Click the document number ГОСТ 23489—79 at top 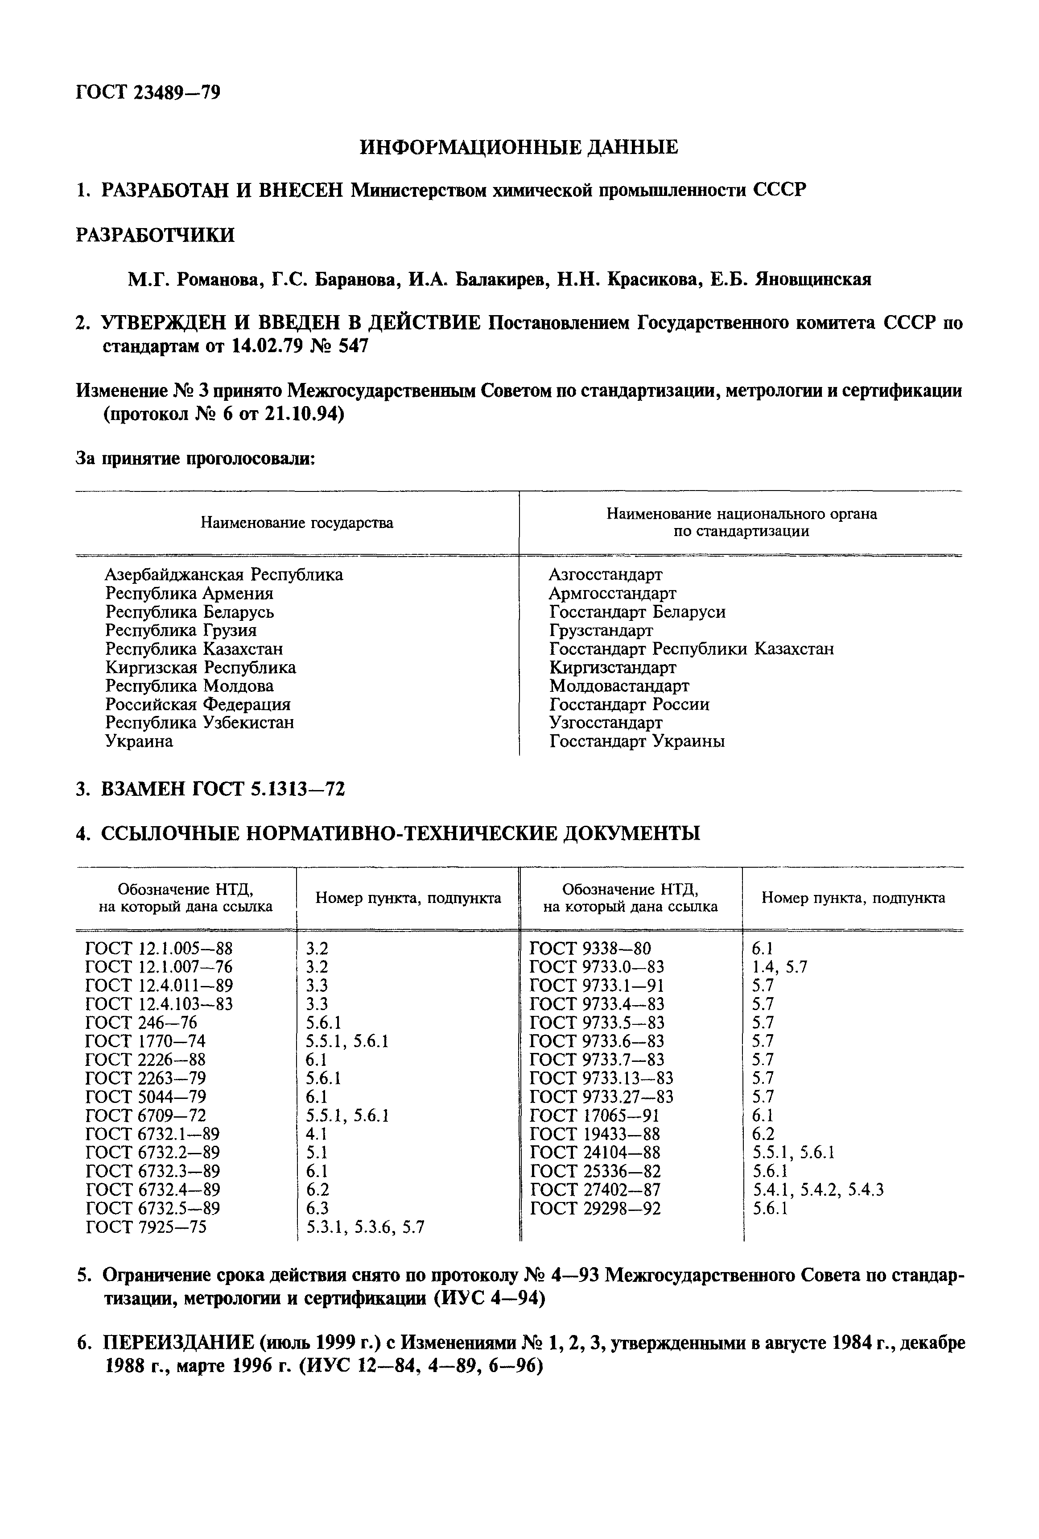click(148, 92)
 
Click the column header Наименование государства click(297, 523)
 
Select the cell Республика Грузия click(181, 630)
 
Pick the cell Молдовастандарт click(619, 686)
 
